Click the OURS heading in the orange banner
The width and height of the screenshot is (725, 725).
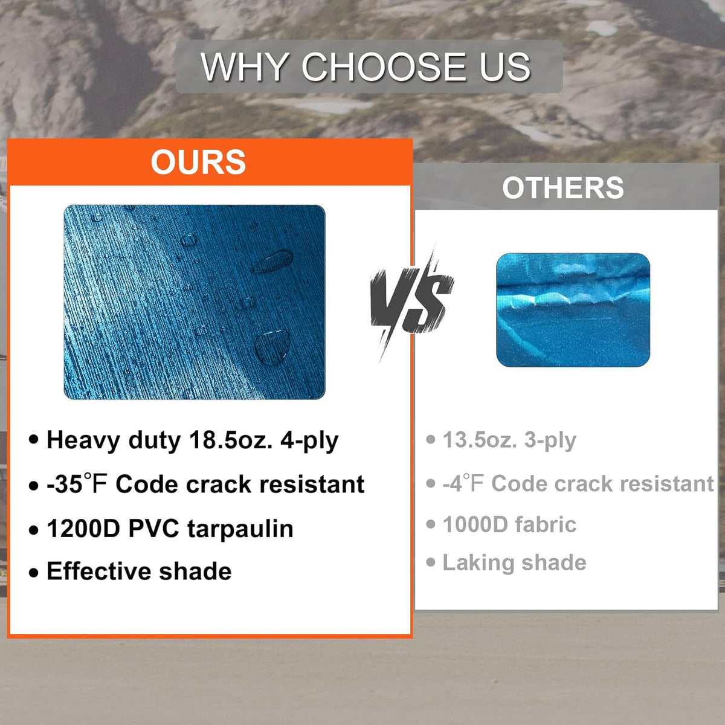coord(198,162)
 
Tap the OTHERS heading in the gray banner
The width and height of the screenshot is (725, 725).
coord(563,188)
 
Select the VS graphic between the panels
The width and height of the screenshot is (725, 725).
coord(412,301)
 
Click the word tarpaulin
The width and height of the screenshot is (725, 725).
coord(240,529)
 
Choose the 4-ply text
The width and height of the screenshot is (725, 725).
coord(309,440)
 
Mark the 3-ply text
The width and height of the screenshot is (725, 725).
coord(550,440)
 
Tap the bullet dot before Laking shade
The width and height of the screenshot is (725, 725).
coord(431,563)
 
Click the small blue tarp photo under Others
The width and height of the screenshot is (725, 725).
coord(573,310)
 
